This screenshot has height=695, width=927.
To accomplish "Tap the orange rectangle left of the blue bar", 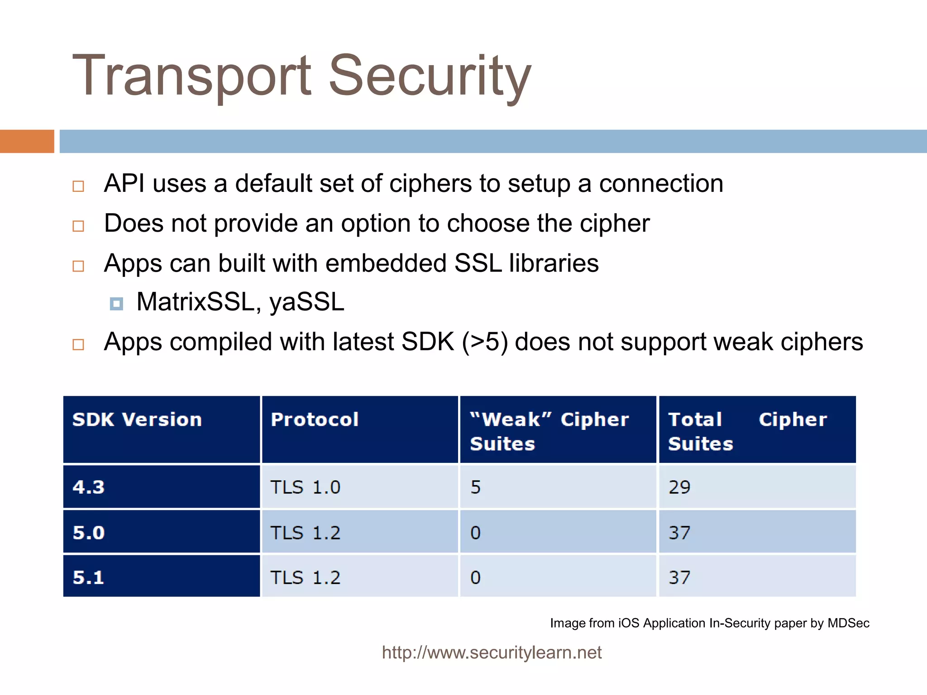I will click(27, 141).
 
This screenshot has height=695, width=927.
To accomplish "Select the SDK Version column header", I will click(137, 420).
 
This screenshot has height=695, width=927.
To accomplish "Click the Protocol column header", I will click(315, 420).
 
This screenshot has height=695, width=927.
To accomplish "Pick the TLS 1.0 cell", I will click(306, 487).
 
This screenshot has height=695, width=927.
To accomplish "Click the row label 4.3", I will click(89, 487).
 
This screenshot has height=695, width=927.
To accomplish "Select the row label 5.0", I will click(89, 533).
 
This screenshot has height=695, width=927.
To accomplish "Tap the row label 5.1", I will click(89, 577).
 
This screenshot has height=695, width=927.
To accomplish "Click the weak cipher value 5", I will click(476, 487).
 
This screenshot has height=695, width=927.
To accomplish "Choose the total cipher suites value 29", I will click(679, 487).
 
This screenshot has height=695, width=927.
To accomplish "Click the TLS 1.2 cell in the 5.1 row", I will click(306, 577).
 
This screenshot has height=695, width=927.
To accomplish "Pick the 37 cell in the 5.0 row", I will click(679, 533).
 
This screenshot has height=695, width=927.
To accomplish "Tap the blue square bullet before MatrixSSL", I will click(116, 304).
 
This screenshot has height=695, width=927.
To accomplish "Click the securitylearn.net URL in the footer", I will click(492, 652).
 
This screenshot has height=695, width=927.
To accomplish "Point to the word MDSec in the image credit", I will click(848, 623).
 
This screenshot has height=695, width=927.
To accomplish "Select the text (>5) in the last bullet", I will click(484, 342).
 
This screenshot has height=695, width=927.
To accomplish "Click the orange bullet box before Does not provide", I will click(78, 226).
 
